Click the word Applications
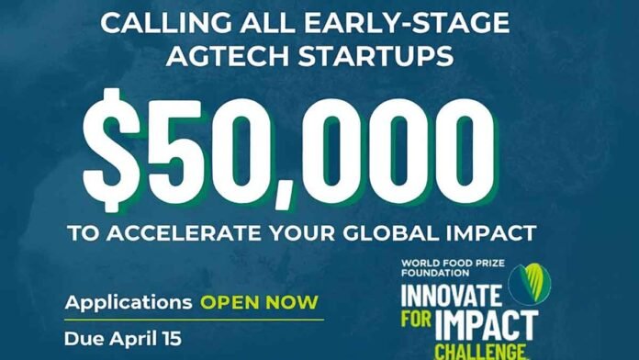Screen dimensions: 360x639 pyautogui.click(x=128, y=302)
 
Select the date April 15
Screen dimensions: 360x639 pyautogui.click(x=146, y=338)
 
